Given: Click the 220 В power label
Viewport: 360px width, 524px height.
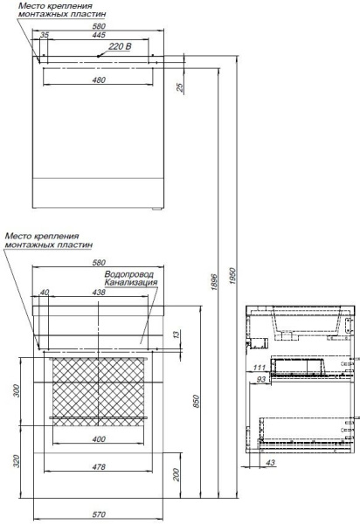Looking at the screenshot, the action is [120, 46].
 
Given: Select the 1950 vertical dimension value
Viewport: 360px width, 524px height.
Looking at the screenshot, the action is [233, 276].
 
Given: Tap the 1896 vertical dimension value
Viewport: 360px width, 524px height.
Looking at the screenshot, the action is [214, 282].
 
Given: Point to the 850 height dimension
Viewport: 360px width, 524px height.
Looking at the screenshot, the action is [196, 401].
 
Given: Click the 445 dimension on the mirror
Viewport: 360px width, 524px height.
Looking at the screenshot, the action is [99, 35].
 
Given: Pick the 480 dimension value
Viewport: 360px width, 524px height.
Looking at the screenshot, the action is [99, 80].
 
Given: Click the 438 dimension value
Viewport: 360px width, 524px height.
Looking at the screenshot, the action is [99, 293].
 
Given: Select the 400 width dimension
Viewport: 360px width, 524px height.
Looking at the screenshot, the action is [99, 439].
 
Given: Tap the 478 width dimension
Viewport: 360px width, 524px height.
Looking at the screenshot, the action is [99, 467].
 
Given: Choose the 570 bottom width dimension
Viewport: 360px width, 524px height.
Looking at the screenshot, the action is [99, 515].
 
